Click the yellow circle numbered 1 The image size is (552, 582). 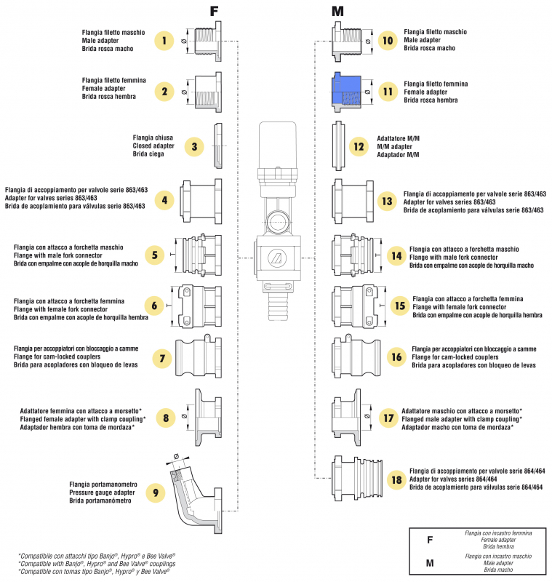[165, 41]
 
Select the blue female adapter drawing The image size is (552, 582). [348, 92]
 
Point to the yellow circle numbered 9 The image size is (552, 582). [155, 493]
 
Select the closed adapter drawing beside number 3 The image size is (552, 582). [217, 145]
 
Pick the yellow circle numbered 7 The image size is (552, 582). [162, 358]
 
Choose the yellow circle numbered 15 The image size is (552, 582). [399, 306]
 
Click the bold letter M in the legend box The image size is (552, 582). [429, 563]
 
